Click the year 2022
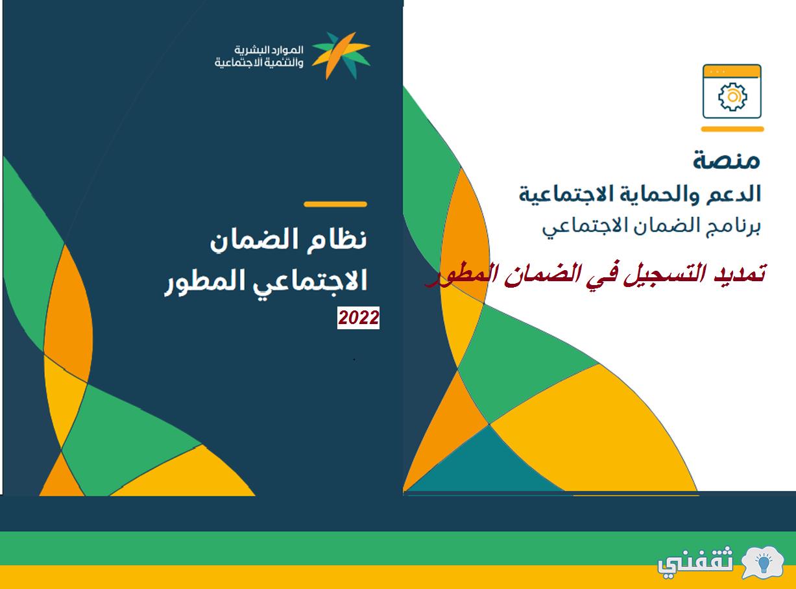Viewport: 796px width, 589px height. tap(358, 318)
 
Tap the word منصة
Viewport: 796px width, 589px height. tap(727, 160)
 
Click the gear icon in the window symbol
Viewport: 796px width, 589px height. tap(732, 96)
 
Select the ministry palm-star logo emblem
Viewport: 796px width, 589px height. tap(341, 55)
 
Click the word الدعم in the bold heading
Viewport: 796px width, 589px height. tap(733, 194)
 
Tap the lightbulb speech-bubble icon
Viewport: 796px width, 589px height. tap(762, 563)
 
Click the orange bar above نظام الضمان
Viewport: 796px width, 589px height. tap(335, 205)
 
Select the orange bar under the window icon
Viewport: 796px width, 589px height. tap(732, 129)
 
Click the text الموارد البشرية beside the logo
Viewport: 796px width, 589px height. tap(269, 49)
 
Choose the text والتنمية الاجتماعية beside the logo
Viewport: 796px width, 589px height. tap(259, 62)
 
